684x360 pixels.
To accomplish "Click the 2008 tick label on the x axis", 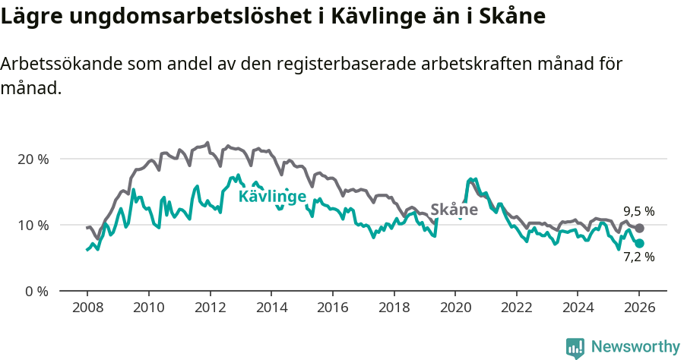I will tap(87, 308).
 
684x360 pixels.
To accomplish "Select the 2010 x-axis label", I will tap(148, 308).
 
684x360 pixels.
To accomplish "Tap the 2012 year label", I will tap(209, 308).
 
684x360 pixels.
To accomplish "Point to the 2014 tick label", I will tap(271, 308).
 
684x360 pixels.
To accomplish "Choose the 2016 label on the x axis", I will tap(332, 308).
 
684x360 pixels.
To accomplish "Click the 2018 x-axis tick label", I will tap(394, 308).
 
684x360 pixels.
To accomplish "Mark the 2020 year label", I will tap(454, 308).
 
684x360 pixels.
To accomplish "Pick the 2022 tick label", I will tap(516, 308).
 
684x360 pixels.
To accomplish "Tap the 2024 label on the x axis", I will tap(578, 308).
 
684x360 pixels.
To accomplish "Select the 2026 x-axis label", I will tap(639, 308).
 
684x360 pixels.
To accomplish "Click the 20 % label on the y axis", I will tap(32, 159).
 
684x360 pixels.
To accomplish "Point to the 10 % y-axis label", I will tap(32, 226).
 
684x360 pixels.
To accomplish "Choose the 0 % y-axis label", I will tap(35, 292).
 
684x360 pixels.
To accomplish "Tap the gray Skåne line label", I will tap(454, 210).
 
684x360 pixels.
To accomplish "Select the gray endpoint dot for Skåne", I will tap(640, 228).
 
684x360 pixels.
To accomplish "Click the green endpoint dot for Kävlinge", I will tap(640, 243).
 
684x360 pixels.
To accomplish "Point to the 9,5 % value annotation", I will tap(639, 211).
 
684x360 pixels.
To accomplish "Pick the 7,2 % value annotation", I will tap(639, 257).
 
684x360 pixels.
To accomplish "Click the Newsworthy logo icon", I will tap(575, 348).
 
